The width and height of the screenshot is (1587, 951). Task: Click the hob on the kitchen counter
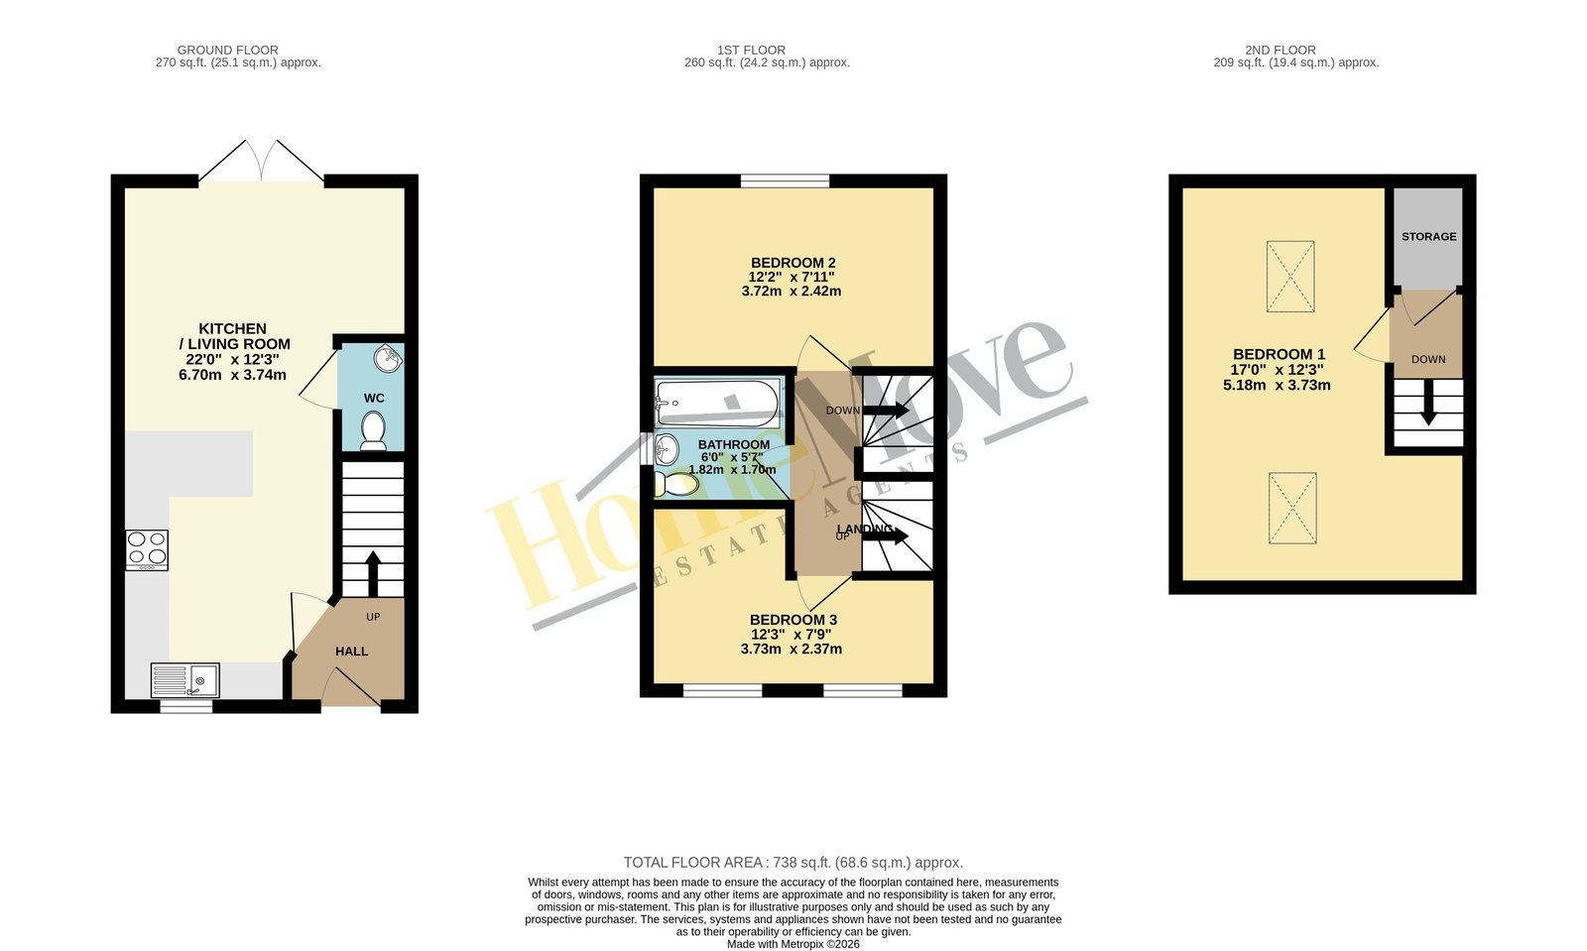tap(148, 550)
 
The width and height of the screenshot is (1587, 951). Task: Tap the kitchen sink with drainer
tap(185, 680)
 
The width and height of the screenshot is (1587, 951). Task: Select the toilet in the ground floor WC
tap(373, 431)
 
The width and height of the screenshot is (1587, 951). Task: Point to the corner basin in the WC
tap(388, 359)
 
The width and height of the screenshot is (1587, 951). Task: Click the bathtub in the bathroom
tap(718, 403)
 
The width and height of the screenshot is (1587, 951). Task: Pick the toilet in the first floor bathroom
tap(675, 484)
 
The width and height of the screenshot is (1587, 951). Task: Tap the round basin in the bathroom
tap(667, 448)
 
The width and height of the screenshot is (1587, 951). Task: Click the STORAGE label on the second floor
tap(1429, 237)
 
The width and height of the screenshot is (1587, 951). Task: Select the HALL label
tap(351, 652)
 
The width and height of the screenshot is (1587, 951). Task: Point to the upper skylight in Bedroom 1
tap(1290, 276)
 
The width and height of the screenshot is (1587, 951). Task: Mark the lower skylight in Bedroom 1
tap(1293, 509)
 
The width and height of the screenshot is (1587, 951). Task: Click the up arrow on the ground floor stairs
tap(373, 573)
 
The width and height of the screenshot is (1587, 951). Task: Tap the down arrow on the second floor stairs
tap(1428, 403)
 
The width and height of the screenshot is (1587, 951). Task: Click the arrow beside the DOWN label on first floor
tap(886, 410)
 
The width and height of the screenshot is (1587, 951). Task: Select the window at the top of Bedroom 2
tap(785, 180)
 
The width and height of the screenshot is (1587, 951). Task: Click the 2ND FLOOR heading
tap(1281, 51)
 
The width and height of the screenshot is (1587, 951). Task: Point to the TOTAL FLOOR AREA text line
tap(793, 863)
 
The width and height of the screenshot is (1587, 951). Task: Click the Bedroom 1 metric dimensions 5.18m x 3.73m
tap(1277, 386)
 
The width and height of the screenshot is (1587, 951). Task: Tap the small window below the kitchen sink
tap(186, 706)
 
